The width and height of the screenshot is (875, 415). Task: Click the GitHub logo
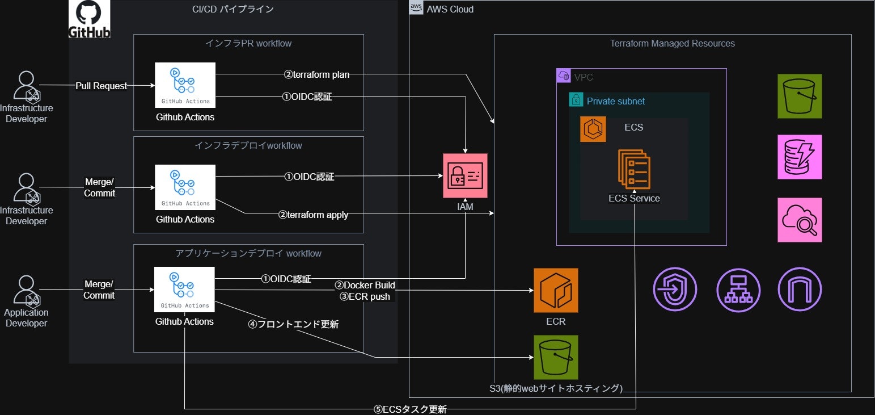click(x=89, y=19)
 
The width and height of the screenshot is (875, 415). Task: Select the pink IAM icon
click(x=465, y=175)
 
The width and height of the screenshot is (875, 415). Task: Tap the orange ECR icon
click(x=556, y=290)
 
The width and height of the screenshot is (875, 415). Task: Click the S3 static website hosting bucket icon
click(x=556, y=357)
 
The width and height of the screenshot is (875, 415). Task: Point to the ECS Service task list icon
click(x=634, y=169)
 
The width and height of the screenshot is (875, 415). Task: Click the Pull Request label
click(x=102, y=86)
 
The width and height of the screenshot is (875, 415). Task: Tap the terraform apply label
click(x=313, y=215)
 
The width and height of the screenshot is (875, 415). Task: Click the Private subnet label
click(x=615, y=101)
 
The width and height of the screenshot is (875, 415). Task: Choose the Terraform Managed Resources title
click(x=672, y=43)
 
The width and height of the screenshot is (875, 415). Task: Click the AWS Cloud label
click(x=450, y=9)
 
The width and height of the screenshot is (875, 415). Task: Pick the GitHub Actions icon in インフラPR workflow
click(x=185, y=85)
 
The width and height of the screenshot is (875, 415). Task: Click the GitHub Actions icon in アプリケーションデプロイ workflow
click(x=184, y=289)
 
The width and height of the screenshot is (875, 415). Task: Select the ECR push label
click(x=365, y=296)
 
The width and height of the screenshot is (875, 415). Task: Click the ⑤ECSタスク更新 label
click(x=410, y=409)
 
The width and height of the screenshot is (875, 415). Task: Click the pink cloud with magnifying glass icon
click(x=800, y=220)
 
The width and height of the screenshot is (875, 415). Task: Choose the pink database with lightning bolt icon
click(x=800, y=157)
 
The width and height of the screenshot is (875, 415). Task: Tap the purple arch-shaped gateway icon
click(x=800, y=290)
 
